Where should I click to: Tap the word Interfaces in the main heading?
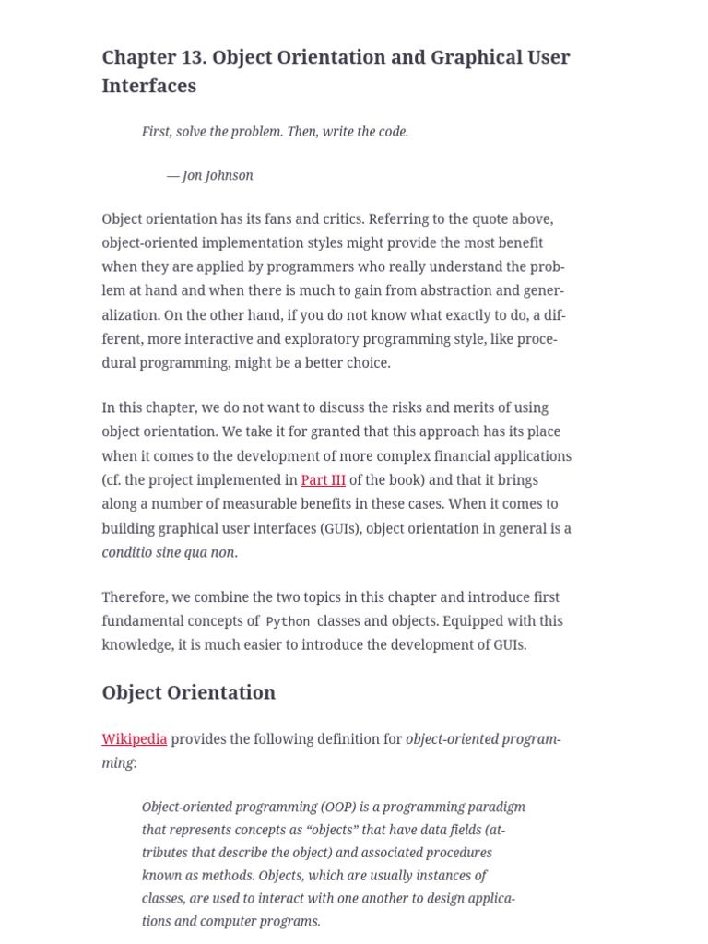point(148,86)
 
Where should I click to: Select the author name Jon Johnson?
point(218,175)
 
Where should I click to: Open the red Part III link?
point(323,480)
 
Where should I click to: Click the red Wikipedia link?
point(135,739)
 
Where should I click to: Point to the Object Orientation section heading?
point(188,692)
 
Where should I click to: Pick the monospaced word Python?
point(288,622)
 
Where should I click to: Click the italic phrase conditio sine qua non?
point(169,553)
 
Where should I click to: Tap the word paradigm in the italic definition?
point(495,808)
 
